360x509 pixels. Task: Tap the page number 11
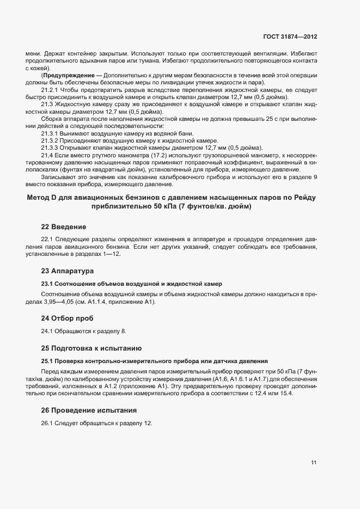[314, 463]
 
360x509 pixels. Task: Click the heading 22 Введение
[64, 226]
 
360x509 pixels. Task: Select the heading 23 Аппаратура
[68, 271]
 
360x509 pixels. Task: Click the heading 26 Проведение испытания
[89, 409]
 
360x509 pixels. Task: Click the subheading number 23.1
[47, 284]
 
